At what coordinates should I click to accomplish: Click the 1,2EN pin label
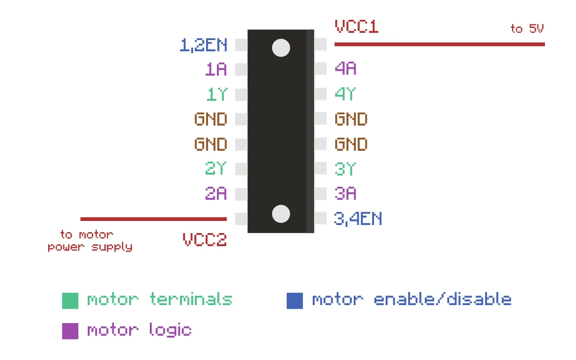coord(203,45)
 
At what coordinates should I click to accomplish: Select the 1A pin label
coord(216,69)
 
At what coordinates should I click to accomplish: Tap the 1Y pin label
coord(216,94)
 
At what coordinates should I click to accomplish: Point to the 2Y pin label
coord(216,169)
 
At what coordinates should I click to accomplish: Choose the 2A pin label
coord(216,193)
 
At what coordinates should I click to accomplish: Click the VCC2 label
coord(205,239)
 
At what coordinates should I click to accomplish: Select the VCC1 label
coord(356,27)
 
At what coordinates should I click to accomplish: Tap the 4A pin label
coord(346,69)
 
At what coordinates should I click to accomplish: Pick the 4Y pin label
coord(345,94)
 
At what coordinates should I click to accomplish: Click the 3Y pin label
coord(345,169)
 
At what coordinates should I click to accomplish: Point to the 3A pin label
coord(345,193)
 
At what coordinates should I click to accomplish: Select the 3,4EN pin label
coord(358,219)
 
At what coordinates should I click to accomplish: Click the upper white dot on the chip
coord(281,48)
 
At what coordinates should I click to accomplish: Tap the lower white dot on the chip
coord(281,213)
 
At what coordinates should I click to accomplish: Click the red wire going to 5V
coord(439,44)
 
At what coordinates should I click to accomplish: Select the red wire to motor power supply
coord(153,219)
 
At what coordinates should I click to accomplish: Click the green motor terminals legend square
coord(70,301)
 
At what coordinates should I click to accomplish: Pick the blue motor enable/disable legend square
coord(295,301)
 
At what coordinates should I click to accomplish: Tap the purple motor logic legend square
coord(70,331)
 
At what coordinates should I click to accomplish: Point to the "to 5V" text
coord(527,29)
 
